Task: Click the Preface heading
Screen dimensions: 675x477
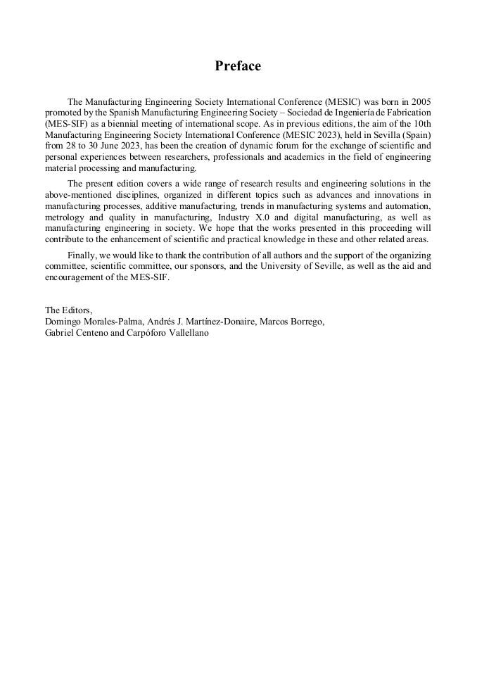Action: (x=238, y=66)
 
